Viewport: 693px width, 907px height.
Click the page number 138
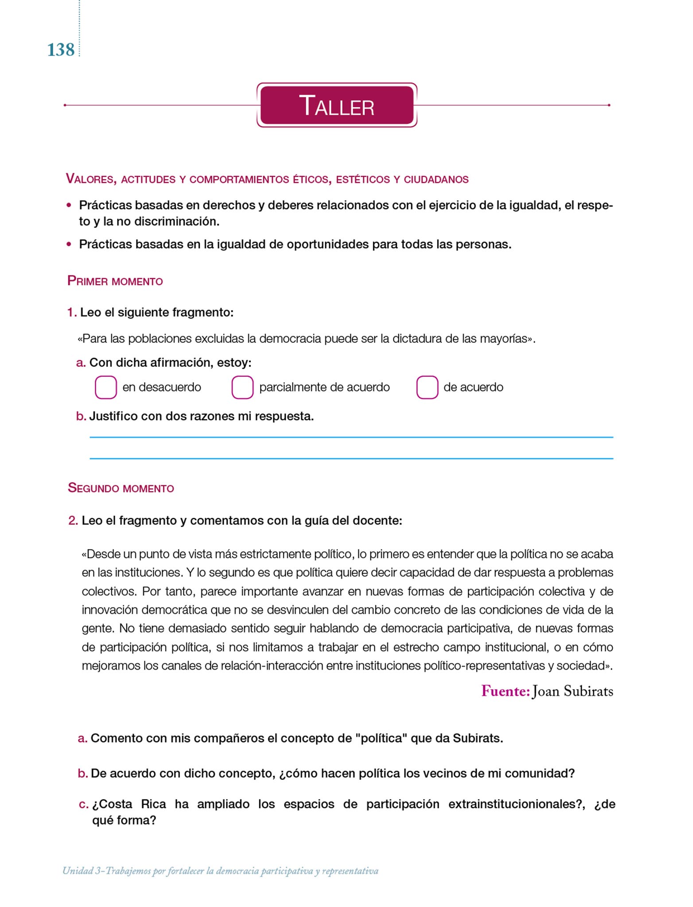(x=61, y=50)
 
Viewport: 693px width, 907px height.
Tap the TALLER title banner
(x=337, y=105)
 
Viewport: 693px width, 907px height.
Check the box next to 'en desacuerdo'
(x=106, y=387)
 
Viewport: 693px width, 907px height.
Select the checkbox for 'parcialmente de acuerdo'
(x=242, y=387)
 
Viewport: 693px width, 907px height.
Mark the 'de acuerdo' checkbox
(x=427, y=387)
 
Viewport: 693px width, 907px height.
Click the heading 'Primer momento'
(x=115, y=281)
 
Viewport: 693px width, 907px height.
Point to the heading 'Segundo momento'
(x=121, y=488)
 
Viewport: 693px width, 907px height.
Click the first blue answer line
(x=351, y=437)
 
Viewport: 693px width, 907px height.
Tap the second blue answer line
(x=351, y=458)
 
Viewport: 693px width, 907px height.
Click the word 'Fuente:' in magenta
(x=506, y=691)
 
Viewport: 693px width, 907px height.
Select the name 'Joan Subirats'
(x=573, y=691)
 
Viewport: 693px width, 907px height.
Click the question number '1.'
(x=72, y=313)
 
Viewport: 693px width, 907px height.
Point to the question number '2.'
(x=73, y=520)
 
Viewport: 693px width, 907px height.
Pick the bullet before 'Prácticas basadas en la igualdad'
(x=69, y=244)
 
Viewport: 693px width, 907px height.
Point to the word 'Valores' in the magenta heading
(x=91, y=179)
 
